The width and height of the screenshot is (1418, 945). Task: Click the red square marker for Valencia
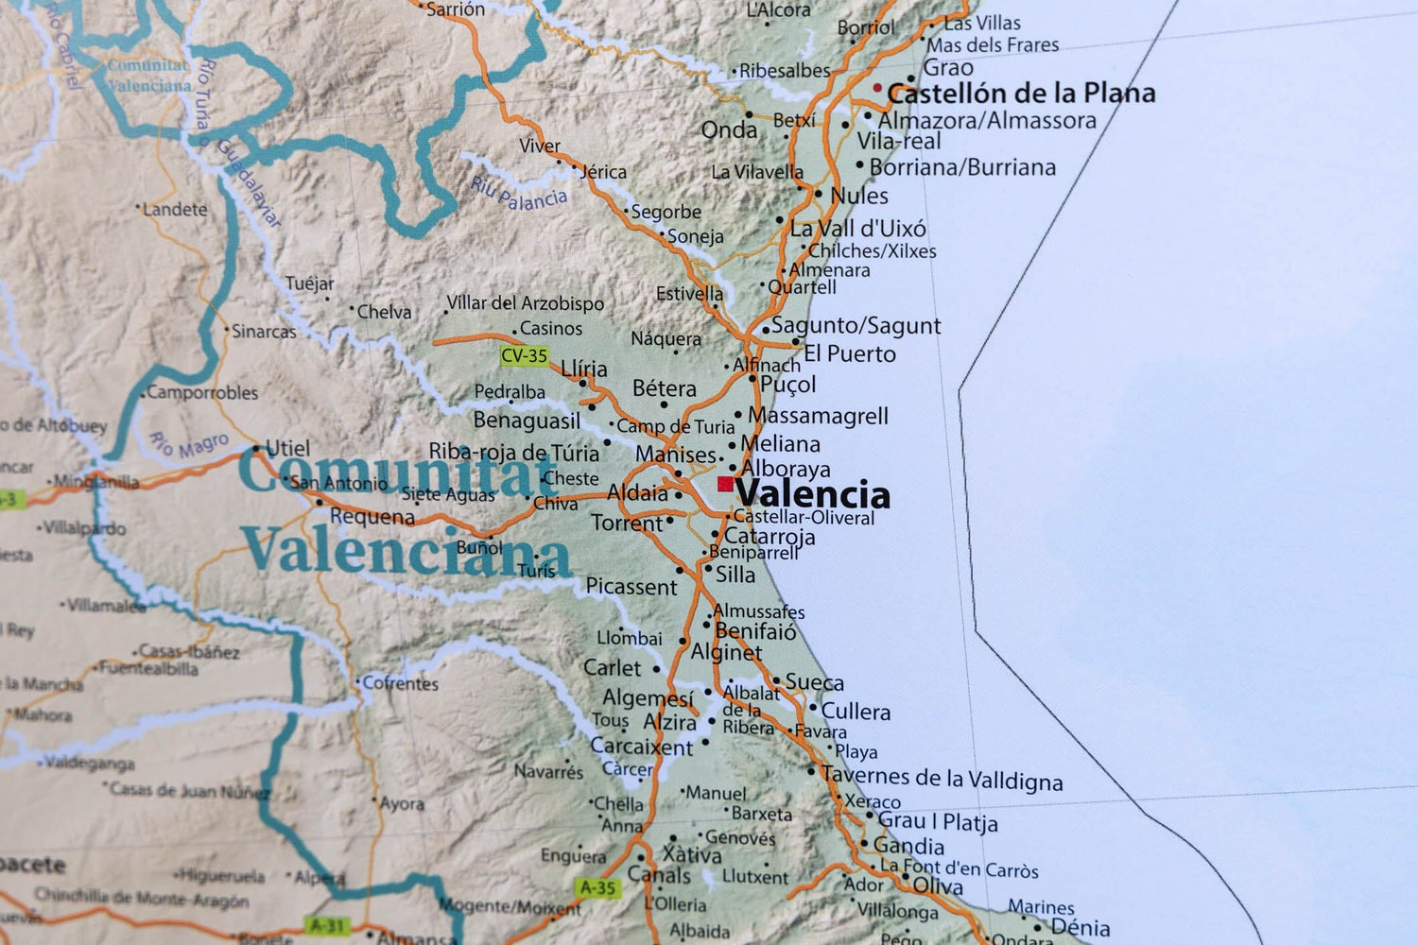click(725, 485)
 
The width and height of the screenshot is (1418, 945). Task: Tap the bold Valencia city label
click(813, 494)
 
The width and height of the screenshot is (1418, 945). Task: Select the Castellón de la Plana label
click(1021, 94)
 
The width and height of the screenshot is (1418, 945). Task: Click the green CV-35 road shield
click(524, 355)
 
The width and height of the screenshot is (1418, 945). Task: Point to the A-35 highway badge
click(597, 887)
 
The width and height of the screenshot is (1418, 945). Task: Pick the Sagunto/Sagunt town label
click(856, 326)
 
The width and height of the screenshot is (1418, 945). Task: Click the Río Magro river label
click(189, 444)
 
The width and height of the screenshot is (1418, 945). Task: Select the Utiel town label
click(287, 448)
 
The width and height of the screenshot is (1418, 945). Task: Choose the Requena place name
click(372, 517)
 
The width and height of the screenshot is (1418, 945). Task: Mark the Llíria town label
click(584, 369)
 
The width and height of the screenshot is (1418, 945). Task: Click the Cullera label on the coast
click(856, 712)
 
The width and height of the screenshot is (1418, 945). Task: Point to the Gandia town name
click(908, 846)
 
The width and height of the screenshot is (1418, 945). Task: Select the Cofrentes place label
click(401, 682)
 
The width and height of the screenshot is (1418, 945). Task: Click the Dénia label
click(1080, 927)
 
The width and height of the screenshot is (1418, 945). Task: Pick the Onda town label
click(729, 129)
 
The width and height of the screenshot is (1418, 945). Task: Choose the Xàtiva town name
click(691, 854)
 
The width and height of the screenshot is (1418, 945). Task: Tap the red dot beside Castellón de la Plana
click(877, 88)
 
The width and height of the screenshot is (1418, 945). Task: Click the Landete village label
click(175, 209)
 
